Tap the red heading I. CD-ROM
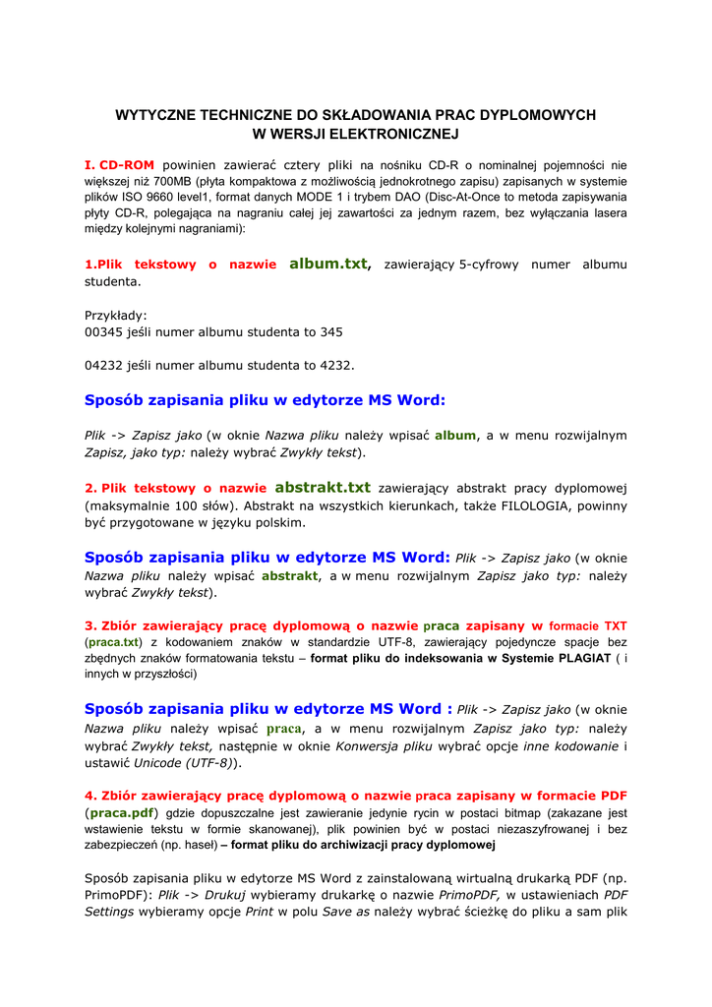click(x=119, y=165)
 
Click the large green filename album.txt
click(x=327, y=264)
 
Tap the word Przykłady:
click(x=115, y=315)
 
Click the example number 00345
click(x=103, y=332)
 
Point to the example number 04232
click(x=103, y=365)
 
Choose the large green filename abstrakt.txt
click(x=322, y=487)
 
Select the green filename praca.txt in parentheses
click(x=115, y=642)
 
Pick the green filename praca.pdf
click(x=122, y=813)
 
